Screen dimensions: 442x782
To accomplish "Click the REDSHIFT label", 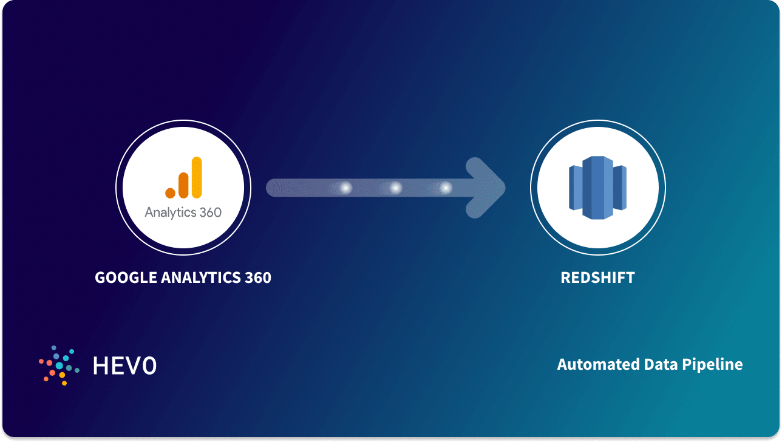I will [597, 278].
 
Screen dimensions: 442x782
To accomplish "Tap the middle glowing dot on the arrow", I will [396, 188].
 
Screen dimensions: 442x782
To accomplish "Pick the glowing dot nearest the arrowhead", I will [446, 188].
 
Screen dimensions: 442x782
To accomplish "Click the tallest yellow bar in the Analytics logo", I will [196, 177].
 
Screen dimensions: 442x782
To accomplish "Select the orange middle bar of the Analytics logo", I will [183, 185].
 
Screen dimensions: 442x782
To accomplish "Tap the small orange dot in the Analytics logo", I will [171, 192].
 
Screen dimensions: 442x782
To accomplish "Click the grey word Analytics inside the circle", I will [170, 213].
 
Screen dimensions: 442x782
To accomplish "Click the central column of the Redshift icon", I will [597, 188].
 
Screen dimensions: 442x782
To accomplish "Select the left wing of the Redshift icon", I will [575, 188].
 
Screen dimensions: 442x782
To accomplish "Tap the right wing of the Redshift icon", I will [620, 188].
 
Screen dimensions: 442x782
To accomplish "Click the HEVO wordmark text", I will [124, 365].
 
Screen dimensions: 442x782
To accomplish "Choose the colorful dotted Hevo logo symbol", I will [59, 365].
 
